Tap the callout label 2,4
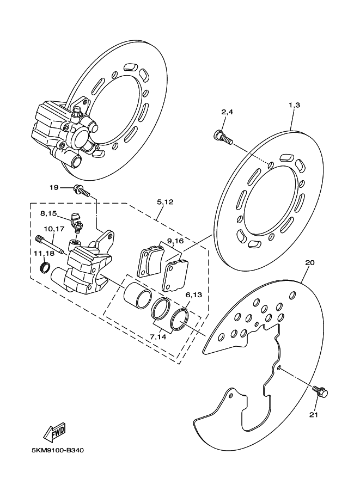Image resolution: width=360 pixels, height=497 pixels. point(227,112)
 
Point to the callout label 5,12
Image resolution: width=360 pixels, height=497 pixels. point(165,202)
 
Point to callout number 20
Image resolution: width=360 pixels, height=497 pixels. point(310,262)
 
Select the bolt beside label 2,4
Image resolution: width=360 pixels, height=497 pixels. point(223,136)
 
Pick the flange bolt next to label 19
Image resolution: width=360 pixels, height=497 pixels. point(80,190)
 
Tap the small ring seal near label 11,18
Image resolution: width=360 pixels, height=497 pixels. point(46,267)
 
